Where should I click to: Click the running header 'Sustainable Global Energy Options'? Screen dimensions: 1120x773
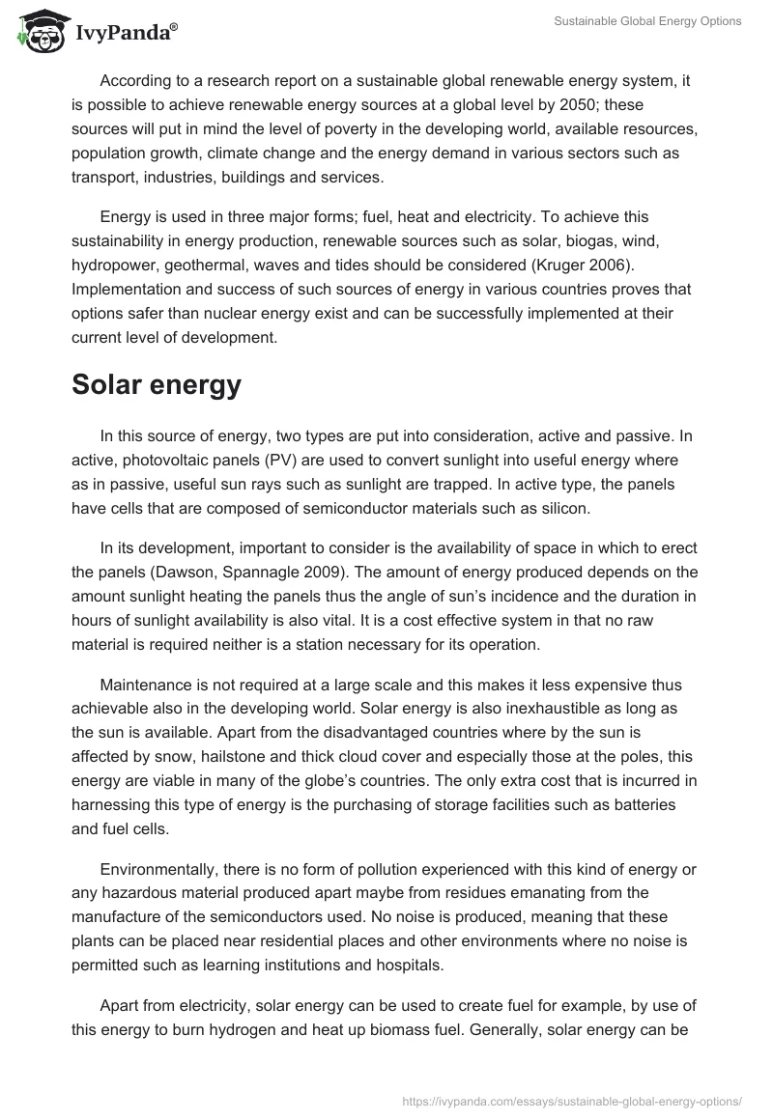coord(646,21)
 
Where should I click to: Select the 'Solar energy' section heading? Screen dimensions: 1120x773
coord(157,385)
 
